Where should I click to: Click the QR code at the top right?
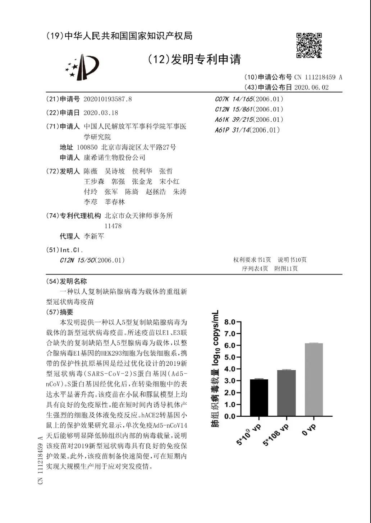coord(309,45)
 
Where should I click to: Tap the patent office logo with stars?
coord(82,67)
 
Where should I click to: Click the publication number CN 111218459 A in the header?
coord(318,77)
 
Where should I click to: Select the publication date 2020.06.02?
coord(311,87)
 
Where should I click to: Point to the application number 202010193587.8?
coord(107,99)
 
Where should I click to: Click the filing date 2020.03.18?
coord(101,113)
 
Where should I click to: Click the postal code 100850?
coord(87,147)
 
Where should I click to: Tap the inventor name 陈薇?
coord(91,171)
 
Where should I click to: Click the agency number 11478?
coord(113,226)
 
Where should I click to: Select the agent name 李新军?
coord(94,236)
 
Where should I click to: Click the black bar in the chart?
coord(259,398)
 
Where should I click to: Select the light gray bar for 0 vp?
coord(314,380)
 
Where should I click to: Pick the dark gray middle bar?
coord(287,393)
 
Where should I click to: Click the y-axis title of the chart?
coord(215,369)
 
